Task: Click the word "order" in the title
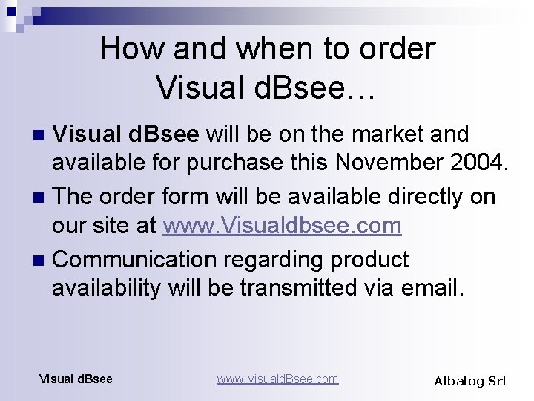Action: pyautogui.click(x=399, y=49)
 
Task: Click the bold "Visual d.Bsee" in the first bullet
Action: pyautogui.click(x=127, y=134)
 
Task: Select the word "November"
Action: pyautogui.click(x=380, y=163)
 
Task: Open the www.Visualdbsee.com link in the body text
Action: pyautogui.click(x=282, y=225)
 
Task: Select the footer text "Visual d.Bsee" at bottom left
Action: pyautogui.click(x=76, y=379)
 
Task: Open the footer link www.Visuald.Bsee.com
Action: pyautogui.click(x=277, y=379)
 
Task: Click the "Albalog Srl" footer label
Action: pyautogui.click(x=469, y=381)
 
